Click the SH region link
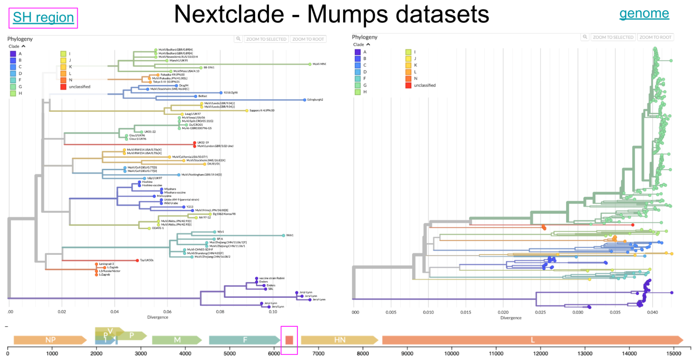coord(43,17)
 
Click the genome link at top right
coord(644,14)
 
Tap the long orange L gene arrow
coord(532,340)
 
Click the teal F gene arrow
coord(244,340)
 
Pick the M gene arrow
coord(177,340)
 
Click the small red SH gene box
coord(289,340)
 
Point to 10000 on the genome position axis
coord(451,353)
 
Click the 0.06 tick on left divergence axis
coord(167,312)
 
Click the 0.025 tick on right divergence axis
coord(540,312)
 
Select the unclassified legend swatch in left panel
coord(63,87)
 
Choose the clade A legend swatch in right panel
coord(357,52)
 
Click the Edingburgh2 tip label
coord(315,100)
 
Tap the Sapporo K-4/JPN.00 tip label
coord(262,110)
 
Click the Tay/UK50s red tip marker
coord(137,260)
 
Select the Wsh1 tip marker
coord(283,235)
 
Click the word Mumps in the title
coord(348,15)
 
